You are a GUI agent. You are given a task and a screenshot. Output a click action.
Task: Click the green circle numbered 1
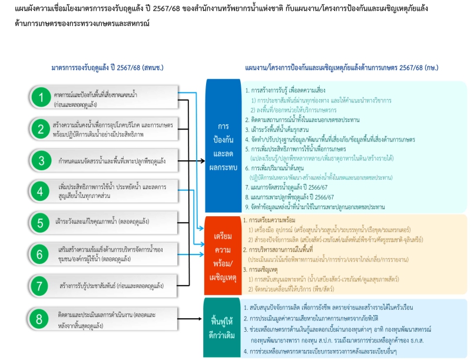(41, 97)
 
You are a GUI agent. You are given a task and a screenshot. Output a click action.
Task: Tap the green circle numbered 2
(41, 128)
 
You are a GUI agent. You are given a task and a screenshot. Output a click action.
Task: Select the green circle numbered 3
(41, 160)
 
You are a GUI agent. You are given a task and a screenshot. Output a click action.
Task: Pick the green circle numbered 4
(41, 192)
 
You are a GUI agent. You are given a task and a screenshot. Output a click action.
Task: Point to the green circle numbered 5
(41, 223)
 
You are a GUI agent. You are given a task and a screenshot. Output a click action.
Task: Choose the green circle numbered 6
(41, 255)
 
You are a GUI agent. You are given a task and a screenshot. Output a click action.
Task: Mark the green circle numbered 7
(41, 286)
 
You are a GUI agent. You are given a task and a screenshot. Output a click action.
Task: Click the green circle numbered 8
(41, 319)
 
